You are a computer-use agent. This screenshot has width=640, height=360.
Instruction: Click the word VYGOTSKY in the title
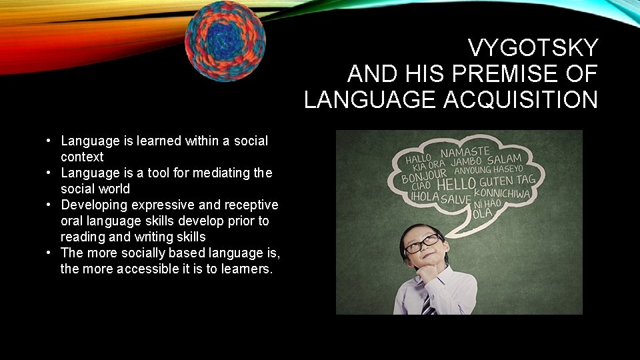(533, 48)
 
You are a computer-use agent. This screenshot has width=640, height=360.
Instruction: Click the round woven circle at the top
(225, 41)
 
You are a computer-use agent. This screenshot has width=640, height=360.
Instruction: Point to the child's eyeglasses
(421, 244)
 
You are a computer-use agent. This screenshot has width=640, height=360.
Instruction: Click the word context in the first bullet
(82, 157)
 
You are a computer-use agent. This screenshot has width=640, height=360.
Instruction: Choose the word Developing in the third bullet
(91, 205)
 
